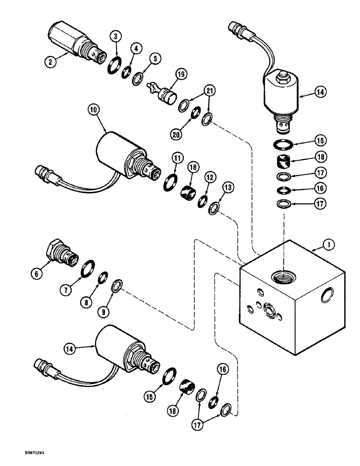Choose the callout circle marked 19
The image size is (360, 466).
tap(180, 74)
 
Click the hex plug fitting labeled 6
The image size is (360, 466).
tap(60, 251)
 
